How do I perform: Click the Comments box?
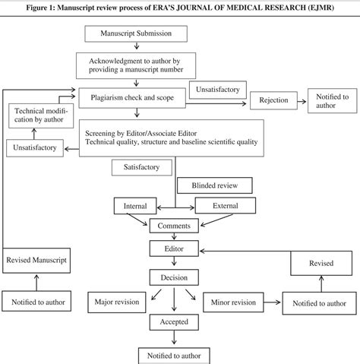click(x=175, y=226)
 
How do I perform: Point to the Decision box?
click(x=175, y=277)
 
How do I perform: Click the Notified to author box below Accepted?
click(x=175, y=355)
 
